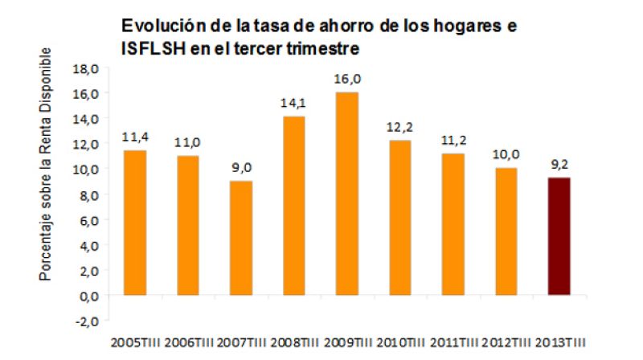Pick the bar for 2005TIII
[x=134, y=223]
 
